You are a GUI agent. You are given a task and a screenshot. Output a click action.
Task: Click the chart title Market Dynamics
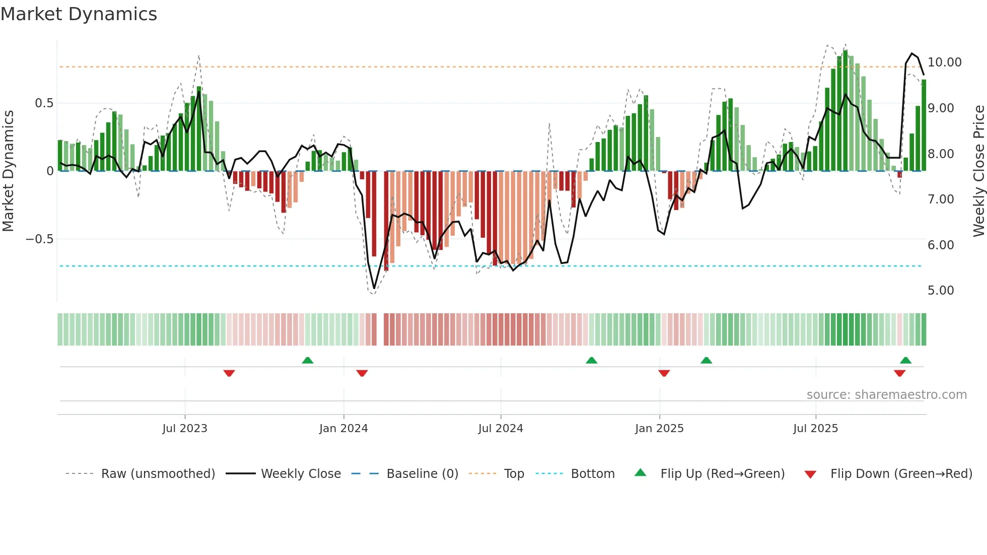point(79,14)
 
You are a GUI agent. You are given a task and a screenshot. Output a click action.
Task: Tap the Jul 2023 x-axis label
point(185,429)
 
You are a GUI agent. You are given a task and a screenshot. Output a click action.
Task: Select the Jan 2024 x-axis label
point(343,429)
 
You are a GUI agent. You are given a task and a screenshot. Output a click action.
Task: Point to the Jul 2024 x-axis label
point(501,429)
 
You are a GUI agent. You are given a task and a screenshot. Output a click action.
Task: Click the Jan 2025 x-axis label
point(659,429)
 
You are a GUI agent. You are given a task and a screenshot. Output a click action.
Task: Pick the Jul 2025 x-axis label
point(815,429)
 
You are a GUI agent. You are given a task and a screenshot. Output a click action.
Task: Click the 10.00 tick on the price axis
point(944,62)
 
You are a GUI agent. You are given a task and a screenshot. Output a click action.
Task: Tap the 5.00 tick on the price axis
point(941,291)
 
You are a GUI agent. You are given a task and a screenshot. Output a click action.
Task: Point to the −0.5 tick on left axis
point(40,239)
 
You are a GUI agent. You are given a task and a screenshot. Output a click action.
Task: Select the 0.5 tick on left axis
point(44,103)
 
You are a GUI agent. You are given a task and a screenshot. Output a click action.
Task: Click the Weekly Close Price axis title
point(978,171)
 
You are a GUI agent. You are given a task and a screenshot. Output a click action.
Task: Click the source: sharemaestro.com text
point(886,395)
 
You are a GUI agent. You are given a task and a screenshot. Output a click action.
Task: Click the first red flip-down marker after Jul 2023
point(229,373)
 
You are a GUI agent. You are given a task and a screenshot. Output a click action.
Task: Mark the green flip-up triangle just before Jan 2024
point(308,360)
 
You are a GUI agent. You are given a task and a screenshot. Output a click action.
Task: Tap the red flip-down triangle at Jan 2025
point(664,373)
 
